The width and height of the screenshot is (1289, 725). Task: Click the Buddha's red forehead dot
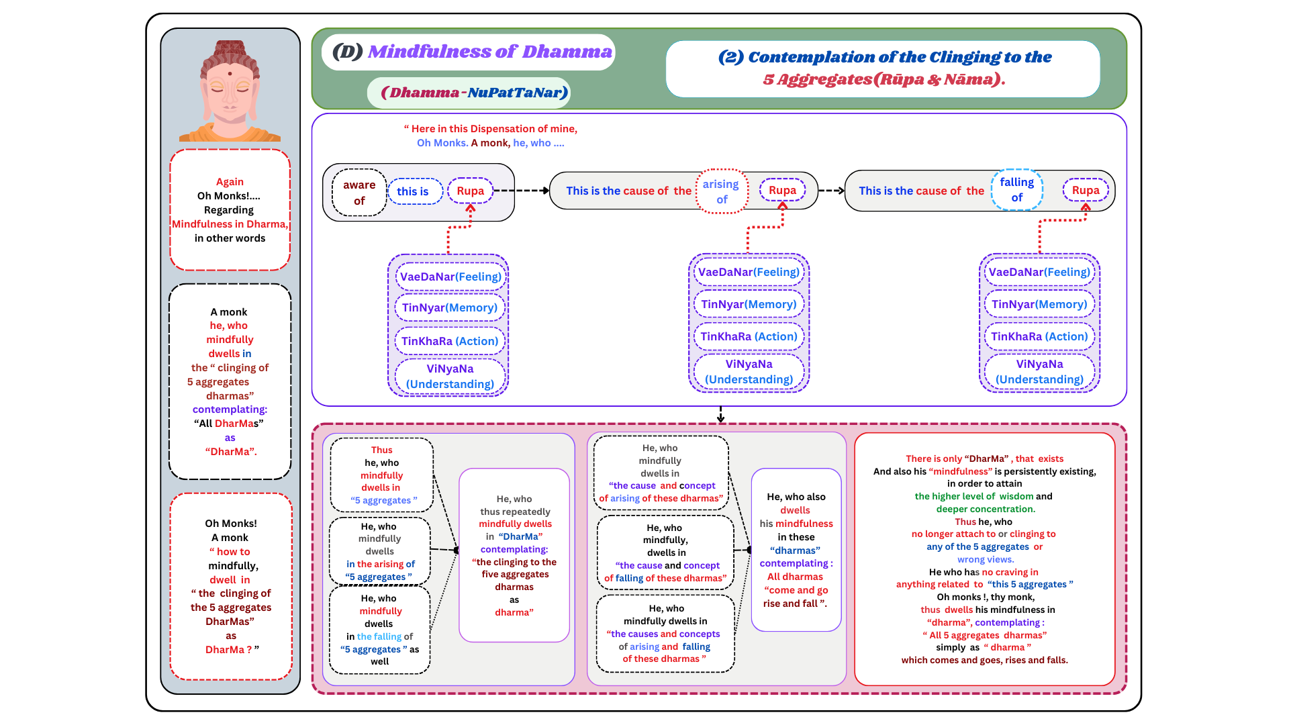click(230, 74)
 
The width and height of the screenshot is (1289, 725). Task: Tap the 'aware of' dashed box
click(359, 193)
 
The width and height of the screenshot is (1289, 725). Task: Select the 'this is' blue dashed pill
click(414, 191)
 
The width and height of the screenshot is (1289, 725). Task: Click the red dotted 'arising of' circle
click(722, 191)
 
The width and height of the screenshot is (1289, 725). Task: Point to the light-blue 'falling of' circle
click(1016, 190)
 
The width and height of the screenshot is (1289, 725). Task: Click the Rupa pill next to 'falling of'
click(1085, 190)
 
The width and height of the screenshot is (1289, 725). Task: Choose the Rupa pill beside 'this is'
click(470, 191)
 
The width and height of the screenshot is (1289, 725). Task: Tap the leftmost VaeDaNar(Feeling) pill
click(450, 277)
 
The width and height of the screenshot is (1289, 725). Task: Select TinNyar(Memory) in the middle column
click(749, 304)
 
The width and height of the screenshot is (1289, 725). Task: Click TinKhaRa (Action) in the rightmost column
click(1039, 336)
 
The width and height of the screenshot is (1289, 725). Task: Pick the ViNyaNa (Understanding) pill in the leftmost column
click(450, 376)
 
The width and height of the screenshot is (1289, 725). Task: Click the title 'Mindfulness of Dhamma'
click(489, 52)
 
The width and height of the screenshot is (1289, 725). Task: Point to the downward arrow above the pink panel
click(720, 415)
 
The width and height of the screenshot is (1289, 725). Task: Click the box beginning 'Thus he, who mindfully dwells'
click(381, 475)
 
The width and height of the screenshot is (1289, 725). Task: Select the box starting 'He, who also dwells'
click(796, 550)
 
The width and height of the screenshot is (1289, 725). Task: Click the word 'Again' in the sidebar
click(230, 182)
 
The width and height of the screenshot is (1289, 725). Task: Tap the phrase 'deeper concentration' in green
click(986, 509)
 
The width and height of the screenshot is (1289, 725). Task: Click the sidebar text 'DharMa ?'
click(229, 650)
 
